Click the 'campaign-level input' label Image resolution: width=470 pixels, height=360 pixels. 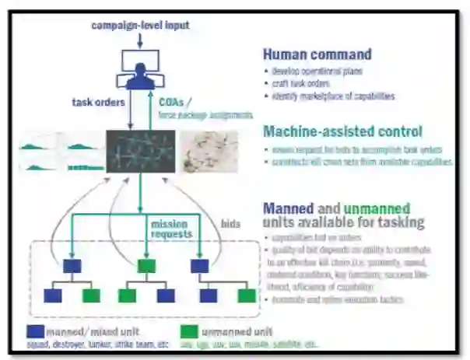140,26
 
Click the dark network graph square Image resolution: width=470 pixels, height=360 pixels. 139,151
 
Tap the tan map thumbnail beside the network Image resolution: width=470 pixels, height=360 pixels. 209,151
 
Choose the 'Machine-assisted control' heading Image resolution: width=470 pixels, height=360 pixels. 342,131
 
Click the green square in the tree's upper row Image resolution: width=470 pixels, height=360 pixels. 146,266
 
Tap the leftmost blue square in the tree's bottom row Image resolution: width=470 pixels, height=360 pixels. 53,295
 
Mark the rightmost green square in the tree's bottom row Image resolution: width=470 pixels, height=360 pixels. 246,295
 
